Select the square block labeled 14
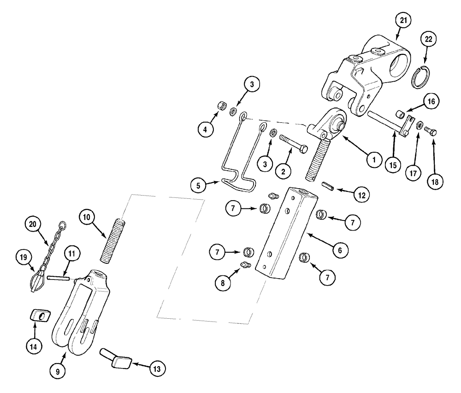point(37,316)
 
